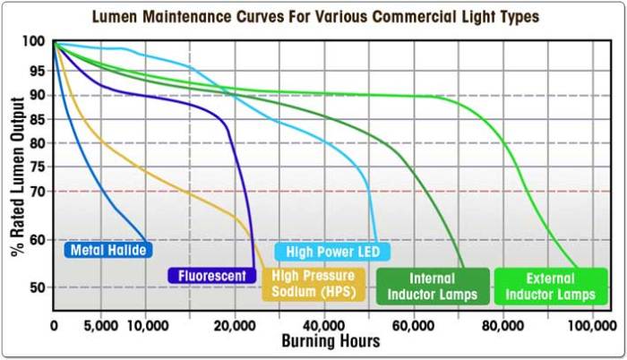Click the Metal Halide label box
(106, 251)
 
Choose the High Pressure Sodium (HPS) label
(313, 285)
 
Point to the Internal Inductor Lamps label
(434, 286)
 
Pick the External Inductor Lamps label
(551, 286)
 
